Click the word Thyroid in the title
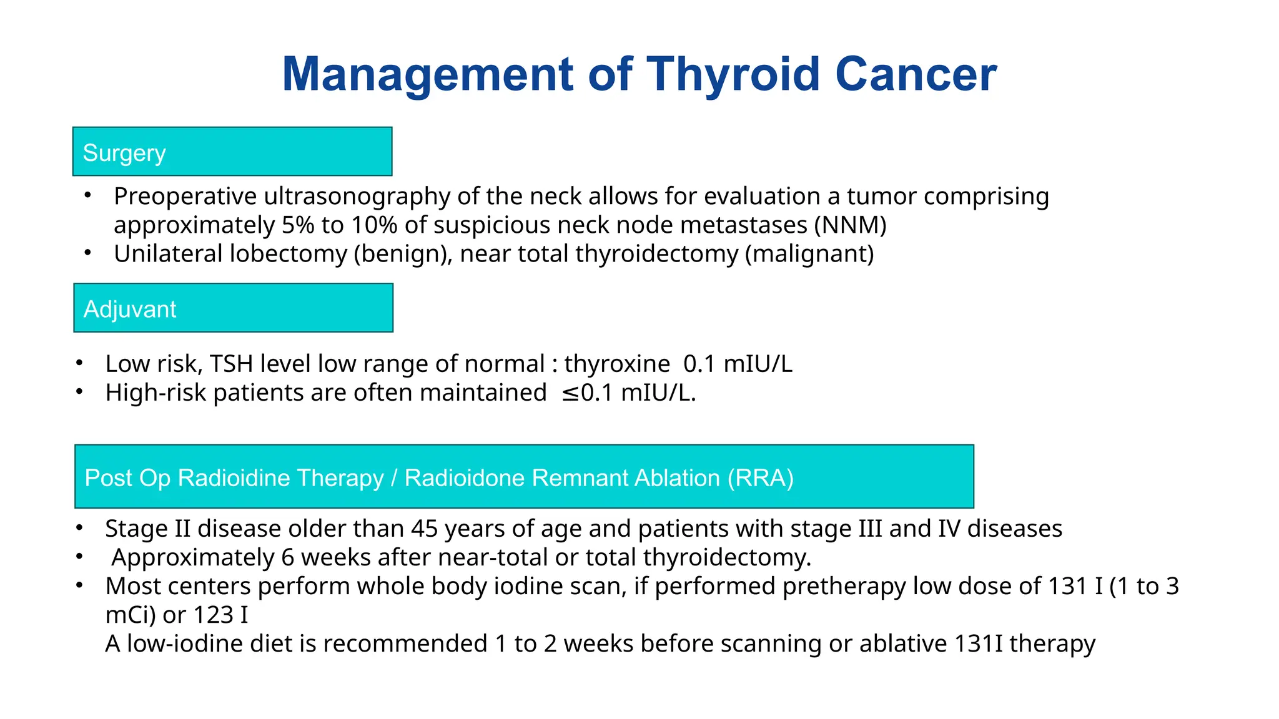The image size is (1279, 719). [x=733, y=74]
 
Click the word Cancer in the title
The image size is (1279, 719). [x=916, y=74]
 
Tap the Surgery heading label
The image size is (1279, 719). [x=124, y=153]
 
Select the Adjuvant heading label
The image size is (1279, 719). [x=130, y=310]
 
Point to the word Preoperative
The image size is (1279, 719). [x=185, y=197]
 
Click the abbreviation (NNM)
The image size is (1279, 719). [x=850, y=225]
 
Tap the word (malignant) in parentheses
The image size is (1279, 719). [x=809, y=254]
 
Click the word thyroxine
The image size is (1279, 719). [x=617, y=364]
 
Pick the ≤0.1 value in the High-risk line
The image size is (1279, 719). [x=587, y=393]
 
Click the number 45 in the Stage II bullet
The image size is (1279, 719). [x=424, y=529]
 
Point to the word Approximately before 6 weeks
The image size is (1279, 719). [x=192, y=557]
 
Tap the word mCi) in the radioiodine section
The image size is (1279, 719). [x=130, y=615]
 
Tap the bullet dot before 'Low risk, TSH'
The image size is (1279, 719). [x=79, y=363]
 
